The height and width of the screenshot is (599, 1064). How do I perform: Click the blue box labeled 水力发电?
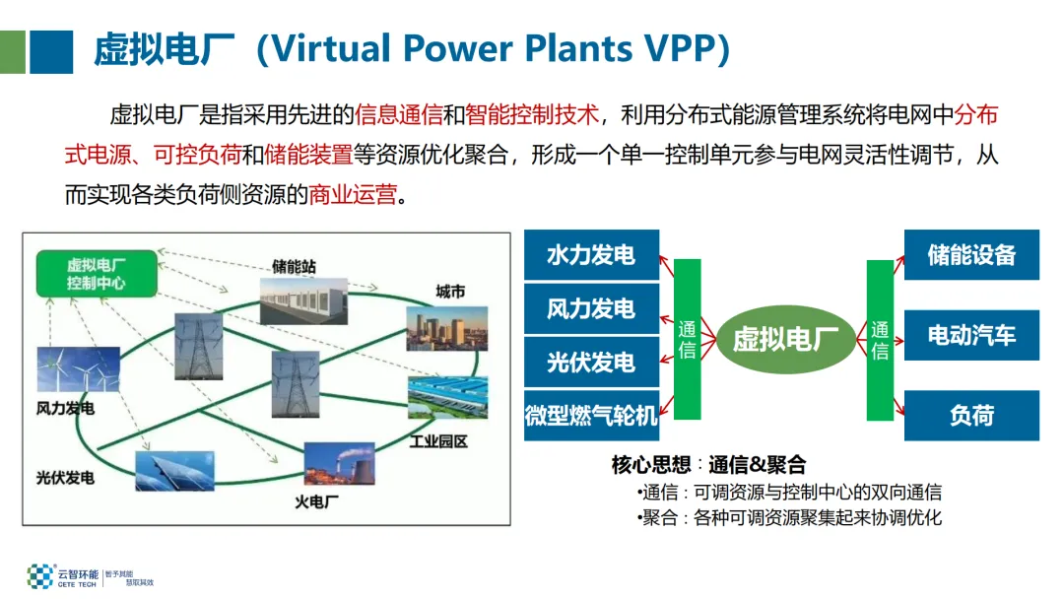591,256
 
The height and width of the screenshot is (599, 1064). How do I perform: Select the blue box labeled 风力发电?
591,309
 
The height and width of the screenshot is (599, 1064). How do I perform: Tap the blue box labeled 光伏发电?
591,363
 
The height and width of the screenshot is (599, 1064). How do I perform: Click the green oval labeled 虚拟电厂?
785,340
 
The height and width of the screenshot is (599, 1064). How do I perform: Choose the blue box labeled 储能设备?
971,255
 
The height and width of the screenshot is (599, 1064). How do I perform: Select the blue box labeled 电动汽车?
971,335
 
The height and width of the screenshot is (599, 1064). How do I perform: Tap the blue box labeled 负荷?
971,416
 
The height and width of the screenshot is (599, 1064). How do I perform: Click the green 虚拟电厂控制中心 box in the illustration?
97,274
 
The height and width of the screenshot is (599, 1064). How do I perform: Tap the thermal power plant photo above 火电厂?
339,464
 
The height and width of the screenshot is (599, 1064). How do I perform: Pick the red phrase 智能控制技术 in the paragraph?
533,115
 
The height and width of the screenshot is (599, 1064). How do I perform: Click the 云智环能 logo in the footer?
57,576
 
